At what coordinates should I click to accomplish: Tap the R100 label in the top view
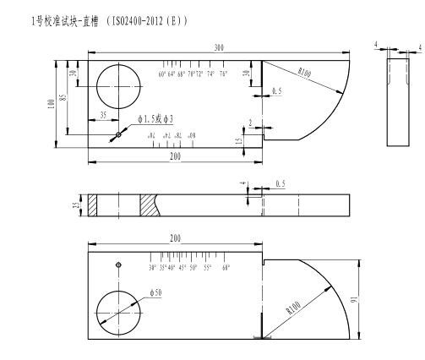(303, 74)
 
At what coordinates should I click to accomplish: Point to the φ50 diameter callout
(155, 292)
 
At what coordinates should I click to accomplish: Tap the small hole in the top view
(119, 134)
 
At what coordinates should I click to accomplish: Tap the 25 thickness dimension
(75, 205)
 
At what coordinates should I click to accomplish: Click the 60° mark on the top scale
(162, 75)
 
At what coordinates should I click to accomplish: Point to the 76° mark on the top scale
(223, 75)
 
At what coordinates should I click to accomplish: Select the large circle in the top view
(118, 88)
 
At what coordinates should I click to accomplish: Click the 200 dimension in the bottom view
(175, 240)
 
